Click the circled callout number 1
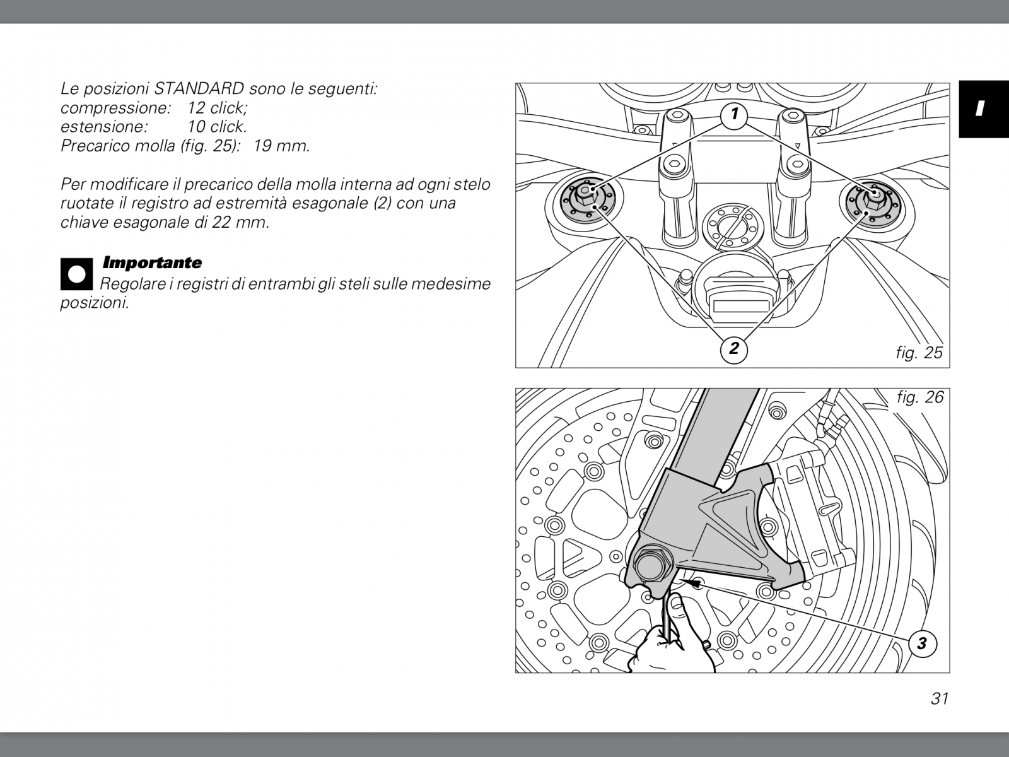[x=733, y=114]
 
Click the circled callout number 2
[x=733, y=349]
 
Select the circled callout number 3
[x=923, y=643]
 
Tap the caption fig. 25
[x=919, y=353]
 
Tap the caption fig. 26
[x=920, y=397]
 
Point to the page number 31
[x=940, y=698]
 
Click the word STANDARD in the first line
[x=199, y=88]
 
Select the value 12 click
[x=217, y=107]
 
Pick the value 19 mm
[x=282, y=146]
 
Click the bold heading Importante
[x=152, y=262]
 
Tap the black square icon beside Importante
[x=77, y=274]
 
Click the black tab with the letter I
[x=984, y=109]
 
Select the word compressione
[x=115, y=108]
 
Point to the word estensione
[x=104, y=126]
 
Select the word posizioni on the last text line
[x=95, y=303]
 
